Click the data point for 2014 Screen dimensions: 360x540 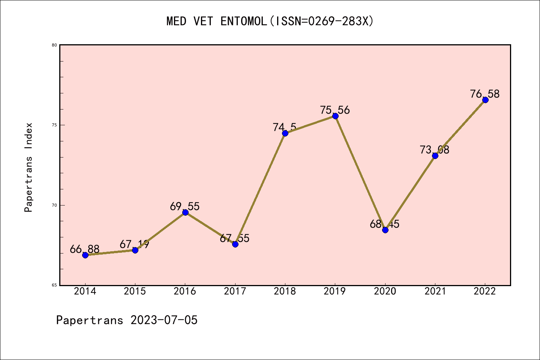pyautogui.click(x=85, y=255)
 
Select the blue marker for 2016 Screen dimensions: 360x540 pyautogui.click(x=185, y=213)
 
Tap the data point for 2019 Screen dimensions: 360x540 pyautogui.click(x=335, y=116)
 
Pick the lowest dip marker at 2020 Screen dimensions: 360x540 pyautogui.click(x=385, y=230)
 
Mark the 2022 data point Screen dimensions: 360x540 pyautogui.click(x=485, y=100)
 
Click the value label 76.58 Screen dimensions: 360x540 pyautogui.click(x=485, y=94)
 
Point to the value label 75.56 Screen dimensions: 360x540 pyautogui.click(x=335, y=110)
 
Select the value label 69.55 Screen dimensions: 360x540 pyautogui.click(x=185, y=206)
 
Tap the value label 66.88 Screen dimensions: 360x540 pyautogui.click(x=85, y=249)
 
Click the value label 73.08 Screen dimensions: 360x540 pyautogui.click(x=435, y=150)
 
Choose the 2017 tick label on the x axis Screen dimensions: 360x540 pyautogui.click(x=235, y=291)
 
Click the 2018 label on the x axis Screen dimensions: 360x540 pyautogui.click(x=285, y=291)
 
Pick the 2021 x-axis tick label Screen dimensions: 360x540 pyautogui.click(x=435, y=291)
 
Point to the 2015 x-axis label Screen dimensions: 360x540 pyautogui.click(x=135, y=291)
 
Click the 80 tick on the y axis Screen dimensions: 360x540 pyautogui.click(x=54, y=45)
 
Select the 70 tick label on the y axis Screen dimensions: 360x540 pyautogui.click(x=54, y=205)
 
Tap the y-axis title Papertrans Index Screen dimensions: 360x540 pyautogui.click(x=29, y=167)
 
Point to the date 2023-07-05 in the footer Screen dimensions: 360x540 pyautogui.click(x=164, y=320)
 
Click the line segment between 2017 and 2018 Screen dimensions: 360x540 pyautogui.click(x=260, y=189)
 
